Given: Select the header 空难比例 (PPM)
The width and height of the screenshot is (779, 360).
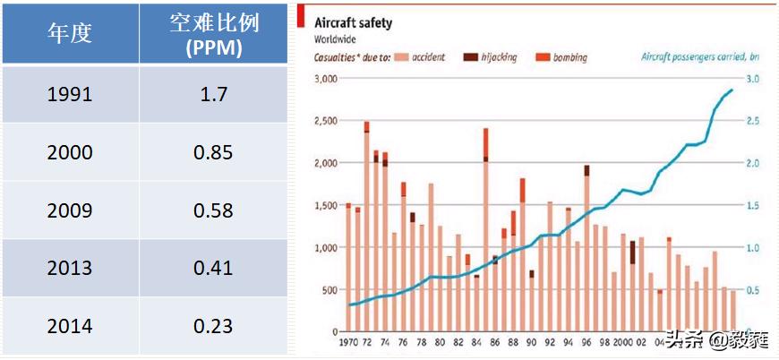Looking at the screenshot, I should click(214, 35).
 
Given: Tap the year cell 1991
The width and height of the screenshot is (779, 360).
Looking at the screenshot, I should click(69, 93).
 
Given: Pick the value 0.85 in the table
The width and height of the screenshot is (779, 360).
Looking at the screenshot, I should click(214, 152).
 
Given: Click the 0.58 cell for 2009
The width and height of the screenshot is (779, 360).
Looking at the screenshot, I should click(214, 210).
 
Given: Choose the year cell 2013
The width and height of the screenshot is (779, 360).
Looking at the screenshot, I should click(69, 268).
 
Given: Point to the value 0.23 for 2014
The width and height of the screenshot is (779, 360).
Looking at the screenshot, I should click(214, 326).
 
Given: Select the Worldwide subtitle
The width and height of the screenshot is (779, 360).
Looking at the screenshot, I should click(333, 39).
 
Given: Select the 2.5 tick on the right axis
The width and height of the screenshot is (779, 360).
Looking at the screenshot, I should click(753, 121).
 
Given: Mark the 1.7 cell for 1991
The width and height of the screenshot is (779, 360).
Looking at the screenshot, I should click(214, 93).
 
